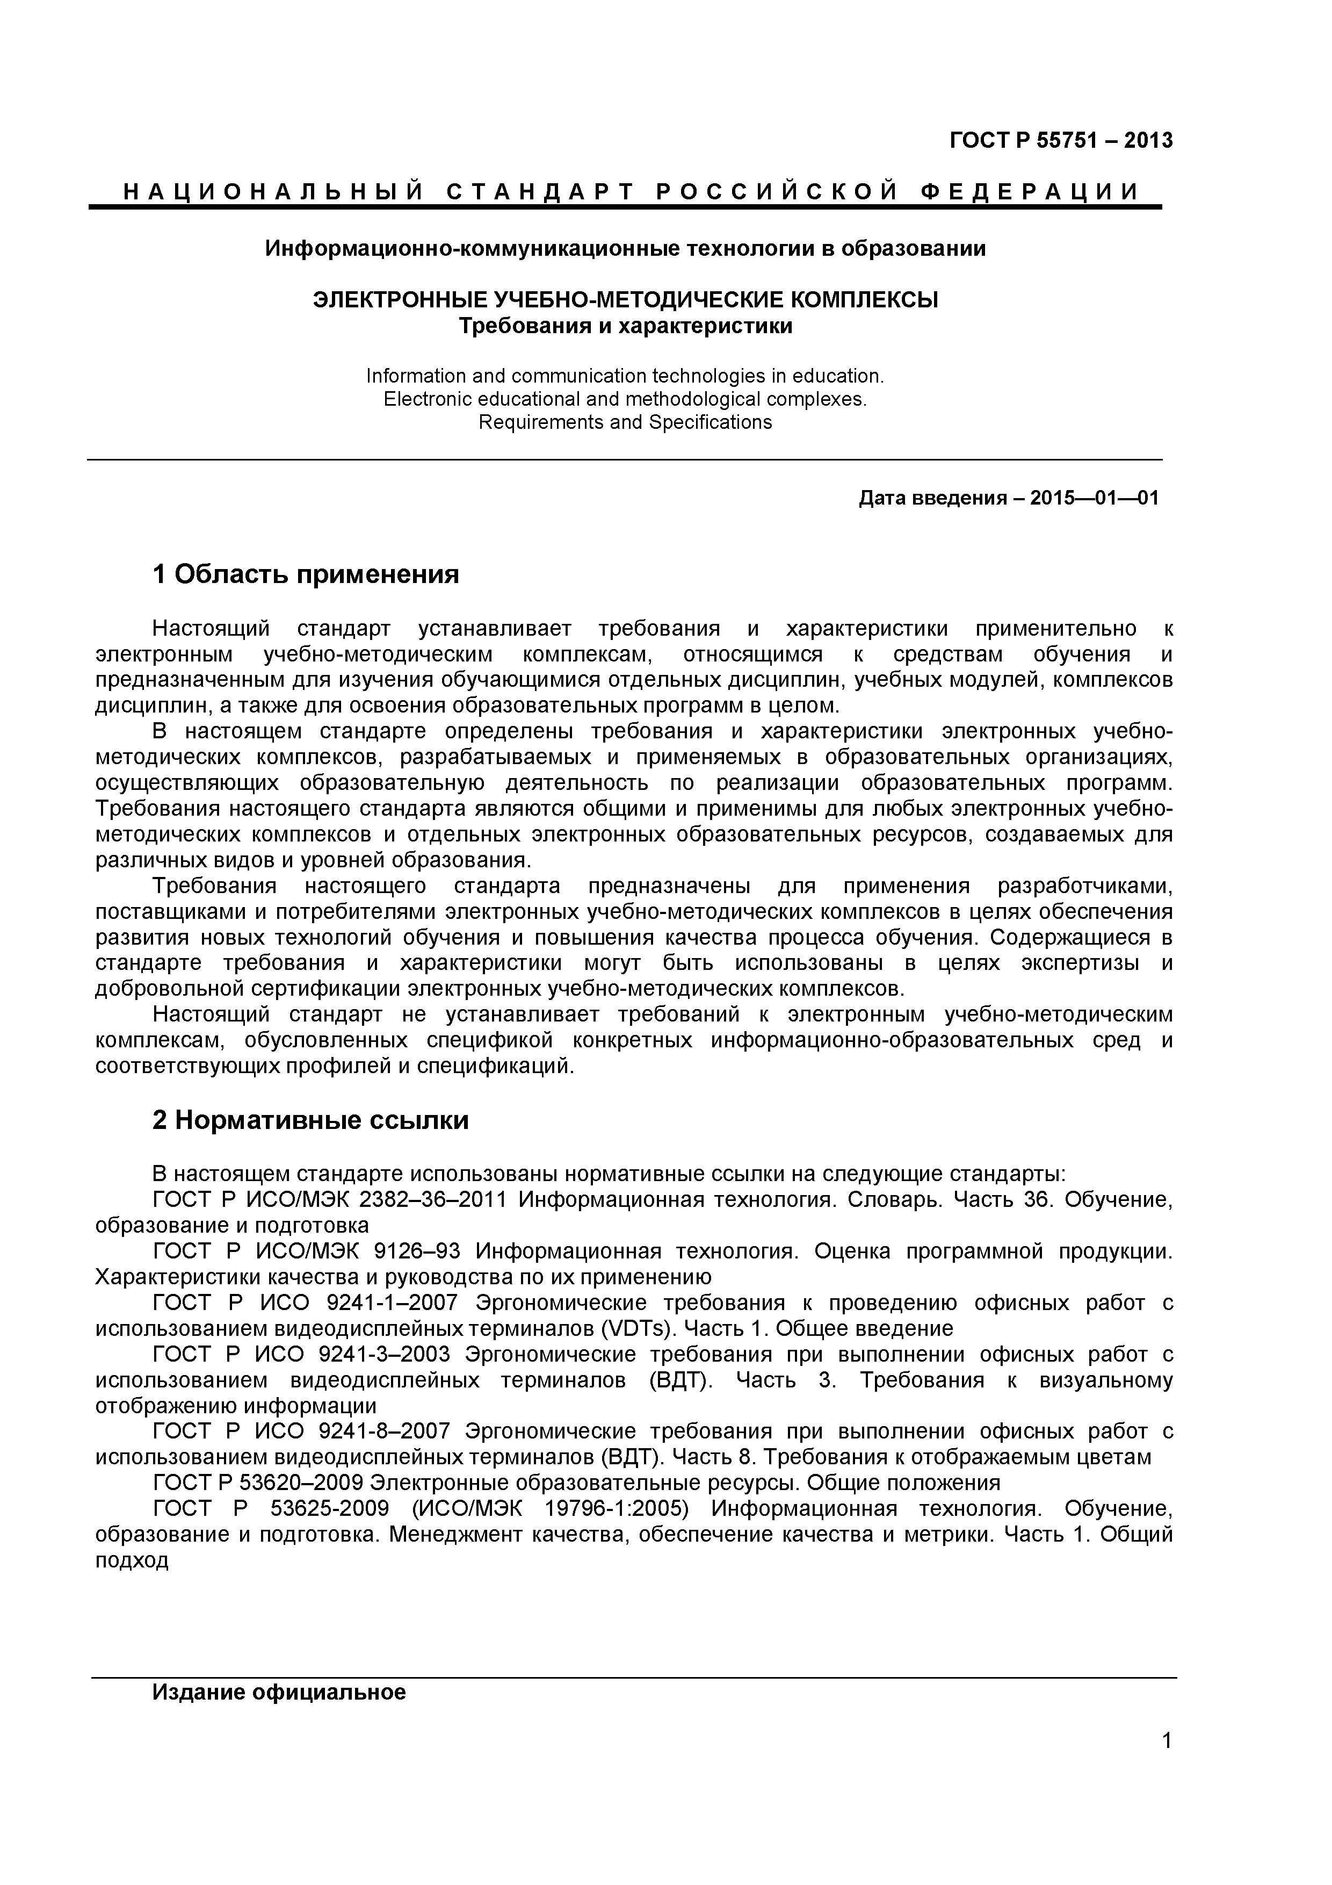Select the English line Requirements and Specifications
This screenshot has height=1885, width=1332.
click(625, 422)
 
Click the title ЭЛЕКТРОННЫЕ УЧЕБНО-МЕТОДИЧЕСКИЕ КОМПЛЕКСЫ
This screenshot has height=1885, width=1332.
click(625, 300)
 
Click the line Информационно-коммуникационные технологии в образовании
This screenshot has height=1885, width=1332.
click(625, 248)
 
